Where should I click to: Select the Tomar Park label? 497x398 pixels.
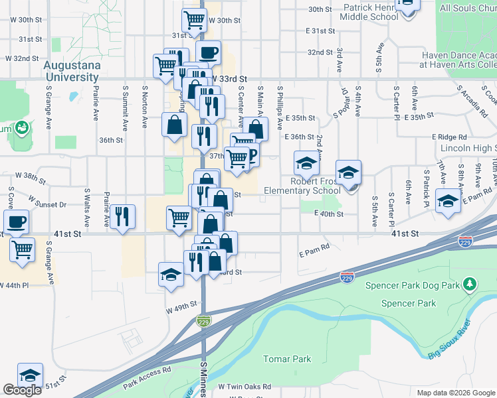tap(287, 359)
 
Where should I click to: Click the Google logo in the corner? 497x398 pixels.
tap(22, 391)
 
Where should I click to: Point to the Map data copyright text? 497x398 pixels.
tap(456, 393)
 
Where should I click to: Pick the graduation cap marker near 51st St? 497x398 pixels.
tap(30, 375)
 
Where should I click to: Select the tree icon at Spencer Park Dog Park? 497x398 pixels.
tap(470, 285)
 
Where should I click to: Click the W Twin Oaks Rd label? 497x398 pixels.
tap(250, 387)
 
